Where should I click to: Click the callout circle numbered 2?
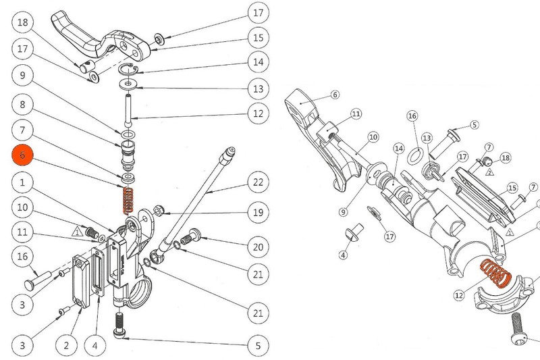tap(66, 346)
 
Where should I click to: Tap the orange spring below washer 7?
tap(128, 200)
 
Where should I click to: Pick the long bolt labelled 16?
tap(38, 278)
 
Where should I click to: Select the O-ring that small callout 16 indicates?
tap(416, 157)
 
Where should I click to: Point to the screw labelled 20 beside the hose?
tap(191, 235)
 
